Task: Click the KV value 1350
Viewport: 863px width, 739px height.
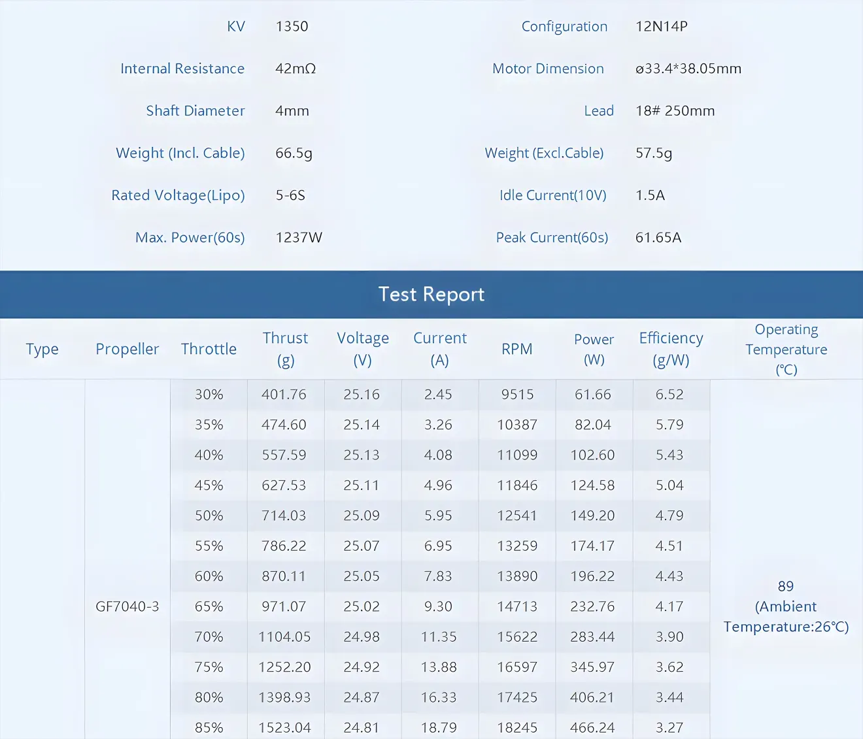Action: pos(292,27)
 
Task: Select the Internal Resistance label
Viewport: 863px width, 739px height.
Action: pos(182,69)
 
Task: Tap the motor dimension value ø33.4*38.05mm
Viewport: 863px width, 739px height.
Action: pos(688,69)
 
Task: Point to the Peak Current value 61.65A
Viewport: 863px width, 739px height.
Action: pos(658,238)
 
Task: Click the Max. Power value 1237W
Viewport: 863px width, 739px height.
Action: pos(299,238)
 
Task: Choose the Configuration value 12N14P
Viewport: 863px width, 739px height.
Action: pos(661,27)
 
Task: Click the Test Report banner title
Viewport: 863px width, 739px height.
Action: pos(431,295)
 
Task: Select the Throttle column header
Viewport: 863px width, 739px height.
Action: pos(209,349)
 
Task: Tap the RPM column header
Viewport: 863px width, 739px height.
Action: pos(516,349)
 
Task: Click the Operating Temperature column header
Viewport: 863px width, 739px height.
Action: pos(786,349)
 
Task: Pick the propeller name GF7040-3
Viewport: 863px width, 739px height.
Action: pos(127,606)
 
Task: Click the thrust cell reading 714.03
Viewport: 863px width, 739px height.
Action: pos(284,516)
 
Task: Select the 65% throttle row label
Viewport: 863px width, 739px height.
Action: pos(209,606)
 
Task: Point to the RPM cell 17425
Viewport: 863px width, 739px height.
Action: pos(516,697)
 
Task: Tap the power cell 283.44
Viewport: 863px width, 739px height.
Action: pos(592,636)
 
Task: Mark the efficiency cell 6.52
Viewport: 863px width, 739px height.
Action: pos(669,395)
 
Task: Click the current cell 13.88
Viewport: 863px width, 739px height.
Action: pos(438,667)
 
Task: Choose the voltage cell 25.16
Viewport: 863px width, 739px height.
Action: pos(362,395)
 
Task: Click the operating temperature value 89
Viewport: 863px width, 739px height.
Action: pos(785,586)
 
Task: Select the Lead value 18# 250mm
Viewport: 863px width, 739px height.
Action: pos(675,111)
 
